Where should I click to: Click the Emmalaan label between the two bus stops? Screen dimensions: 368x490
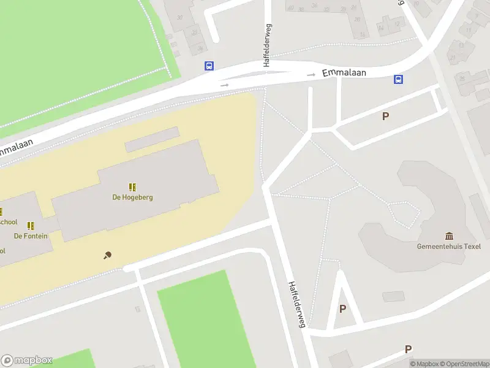(x=344, y=72)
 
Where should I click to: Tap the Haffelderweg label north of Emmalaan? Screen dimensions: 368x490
(x=268, y=45)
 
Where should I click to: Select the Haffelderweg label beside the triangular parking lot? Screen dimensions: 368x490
(x=297, y=304)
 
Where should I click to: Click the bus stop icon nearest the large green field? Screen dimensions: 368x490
(x=209, y=66)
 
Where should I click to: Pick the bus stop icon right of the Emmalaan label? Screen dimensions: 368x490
(x=398, y=79)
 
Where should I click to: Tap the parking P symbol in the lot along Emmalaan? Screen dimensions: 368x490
(x=385, y=116)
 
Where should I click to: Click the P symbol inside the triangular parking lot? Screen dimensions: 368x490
(x=342, y=309)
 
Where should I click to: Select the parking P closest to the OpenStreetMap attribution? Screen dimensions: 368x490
(x=408, y=349)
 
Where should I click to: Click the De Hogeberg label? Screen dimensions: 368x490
(x=132, y=197)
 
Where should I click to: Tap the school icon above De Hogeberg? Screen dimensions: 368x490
(x=132, y=187)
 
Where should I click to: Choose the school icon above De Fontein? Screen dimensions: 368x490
(x=31, y=226)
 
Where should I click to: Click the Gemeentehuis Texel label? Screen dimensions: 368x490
(x=450, y=247)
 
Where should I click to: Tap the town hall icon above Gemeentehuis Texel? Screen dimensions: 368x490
(x=450, y=236)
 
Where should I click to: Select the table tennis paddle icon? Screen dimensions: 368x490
(x=108, y=255)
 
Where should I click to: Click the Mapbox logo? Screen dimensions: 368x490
(x=27, y=361)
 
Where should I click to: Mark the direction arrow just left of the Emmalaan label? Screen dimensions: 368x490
(x=312, y=75)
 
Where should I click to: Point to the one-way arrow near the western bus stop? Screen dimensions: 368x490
(x=225, y=85)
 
